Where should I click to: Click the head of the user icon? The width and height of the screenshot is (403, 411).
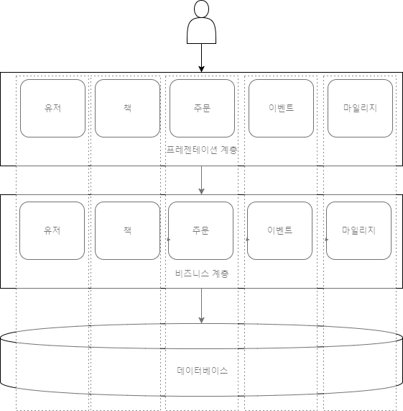(201, 9)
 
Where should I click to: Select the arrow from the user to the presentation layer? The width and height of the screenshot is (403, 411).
(201, 58)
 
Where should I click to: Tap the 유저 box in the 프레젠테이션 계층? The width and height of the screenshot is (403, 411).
(53, 108)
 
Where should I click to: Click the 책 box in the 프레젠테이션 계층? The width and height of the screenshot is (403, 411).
(127, 108)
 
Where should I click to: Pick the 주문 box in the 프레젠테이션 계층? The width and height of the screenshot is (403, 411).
(202, 108)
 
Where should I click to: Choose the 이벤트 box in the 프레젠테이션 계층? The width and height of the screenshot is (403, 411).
(281, 108)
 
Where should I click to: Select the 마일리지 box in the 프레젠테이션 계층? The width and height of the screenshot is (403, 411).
(360, 108)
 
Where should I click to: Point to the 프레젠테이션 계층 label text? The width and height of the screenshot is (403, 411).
(202, 150)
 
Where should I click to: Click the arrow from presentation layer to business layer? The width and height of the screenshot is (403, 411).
(201, 180)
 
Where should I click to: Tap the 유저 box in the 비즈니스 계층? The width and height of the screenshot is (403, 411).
(52, 230)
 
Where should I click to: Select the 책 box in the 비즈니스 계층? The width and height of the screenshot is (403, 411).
(127, 230)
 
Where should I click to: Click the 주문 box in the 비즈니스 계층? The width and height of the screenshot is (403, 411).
(201, 230)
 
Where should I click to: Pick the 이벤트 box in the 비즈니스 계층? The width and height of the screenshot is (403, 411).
(280, 230)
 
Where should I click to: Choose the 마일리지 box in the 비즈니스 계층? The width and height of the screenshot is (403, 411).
(358, 230)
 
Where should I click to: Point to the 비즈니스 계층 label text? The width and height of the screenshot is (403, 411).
(202, 274)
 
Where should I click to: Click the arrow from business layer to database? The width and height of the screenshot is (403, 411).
(201, 306)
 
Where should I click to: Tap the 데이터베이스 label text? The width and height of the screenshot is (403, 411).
(202, 371)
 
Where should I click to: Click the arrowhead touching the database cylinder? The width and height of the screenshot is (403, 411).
(201, 320)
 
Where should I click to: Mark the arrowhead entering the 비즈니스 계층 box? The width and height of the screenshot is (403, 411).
(201, 191)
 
